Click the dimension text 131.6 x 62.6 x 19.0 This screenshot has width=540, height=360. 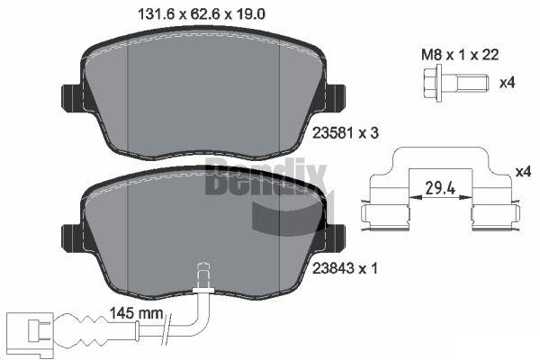point(202,14)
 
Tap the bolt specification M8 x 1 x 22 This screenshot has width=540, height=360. point(460,55)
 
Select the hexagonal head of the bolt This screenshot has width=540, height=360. point(430,83)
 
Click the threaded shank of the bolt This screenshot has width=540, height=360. point(472,83)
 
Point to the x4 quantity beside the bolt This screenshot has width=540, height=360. point(507,83)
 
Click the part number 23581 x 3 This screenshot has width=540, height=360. point(345,132)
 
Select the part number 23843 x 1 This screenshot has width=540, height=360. point(345,268)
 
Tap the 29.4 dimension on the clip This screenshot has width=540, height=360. point(440,188)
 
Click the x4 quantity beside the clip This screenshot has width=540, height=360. point(523,171)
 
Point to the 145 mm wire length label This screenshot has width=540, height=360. point(137,313)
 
